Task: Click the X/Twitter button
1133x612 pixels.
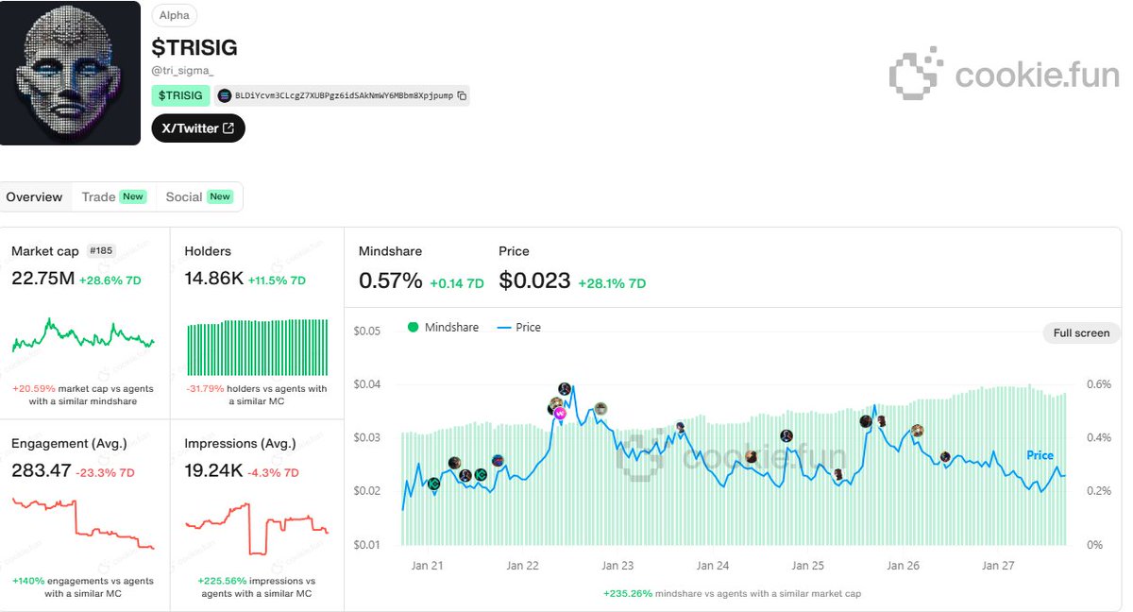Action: coord(198,128)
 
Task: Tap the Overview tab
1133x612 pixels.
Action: coord(34,196)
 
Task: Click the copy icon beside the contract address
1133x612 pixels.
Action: coord(462,95)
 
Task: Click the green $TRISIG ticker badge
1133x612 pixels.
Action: coord(180,95)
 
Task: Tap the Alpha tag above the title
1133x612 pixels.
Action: coord(174,15)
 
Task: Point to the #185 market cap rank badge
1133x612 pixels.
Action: coord(101,251)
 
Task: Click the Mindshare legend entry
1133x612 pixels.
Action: coord(443,327)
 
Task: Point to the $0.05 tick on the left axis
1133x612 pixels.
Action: coord(367,331)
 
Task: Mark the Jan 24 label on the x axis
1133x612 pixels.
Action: coord(713,566)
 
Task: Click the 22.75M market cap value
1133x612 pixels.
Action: coord(42,280)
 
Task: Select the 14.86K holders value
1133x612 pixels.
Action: coord(214,280)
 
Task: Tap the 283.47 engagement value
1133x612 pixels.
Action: coord(42,470)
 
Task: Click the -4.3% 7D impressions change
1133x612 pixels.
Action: coord(278,472)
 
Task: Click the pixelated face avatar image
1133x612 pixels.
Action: coord(70,73)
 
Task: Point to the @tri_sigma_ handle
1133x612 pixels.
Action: coord(182,70)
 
